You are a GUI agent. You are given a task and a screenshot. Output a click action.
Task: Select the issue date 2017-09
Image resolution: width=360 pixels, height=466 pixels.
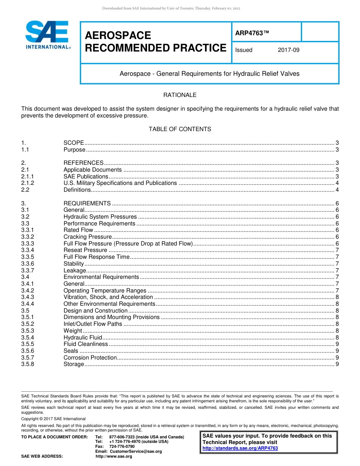coord(288,50)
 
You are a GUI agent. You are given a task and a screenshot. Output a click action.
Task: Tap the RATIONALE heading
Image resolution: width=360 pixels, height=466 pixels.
coord(180,95)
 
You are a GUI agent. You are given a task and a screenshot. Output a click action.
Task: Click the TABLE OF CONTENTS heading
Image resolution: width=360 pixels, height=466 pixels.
coord(180,129)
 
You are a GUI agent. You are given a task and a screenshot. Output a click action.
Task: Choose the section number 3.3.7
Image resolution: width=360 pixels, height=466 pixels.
coord(28,271)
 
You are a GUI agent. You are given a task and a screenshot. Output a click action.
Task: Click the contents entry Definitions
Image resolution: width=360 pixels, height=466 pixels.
coord(77,190)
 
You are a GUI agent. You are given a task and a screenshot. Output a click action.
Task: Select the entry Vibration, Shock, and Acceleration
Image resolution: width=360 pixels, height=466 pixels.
coord(108,297)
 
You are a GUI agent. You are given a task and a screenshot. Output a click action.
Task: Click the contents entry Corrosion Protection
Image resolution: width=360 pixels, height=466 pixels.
coord(90,358)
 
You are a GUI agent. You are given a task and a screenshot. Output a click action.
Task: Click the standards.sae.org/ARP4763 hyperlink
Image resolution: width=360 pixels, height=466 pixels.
coord(240,448)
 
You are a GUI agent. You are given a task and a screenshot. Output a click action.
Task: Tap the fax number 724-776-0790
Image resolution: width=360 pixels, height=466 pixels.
coord(122,447)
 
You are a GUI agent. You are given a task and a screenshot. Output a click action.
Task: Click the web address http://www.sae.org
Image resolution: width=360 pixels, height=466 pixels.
coord(114,457)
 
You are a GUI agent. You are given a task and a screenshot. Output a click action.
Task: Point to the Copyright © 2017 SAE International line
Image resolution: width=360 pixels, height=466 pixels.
coord(53,419)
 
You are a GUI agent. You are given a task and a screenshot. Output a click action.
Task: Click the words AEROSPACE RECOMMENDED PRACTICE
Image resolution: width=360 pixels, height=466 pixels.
coord(155,42)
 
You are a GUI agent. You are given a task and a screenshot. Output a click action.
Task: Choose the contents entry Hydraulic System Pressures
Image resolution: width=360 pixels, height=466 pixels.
coord(100,217)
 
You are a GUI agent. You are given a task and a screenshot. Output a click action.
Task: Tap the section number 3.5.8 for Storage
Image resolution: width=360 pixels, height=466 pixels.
coord(28,364)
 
